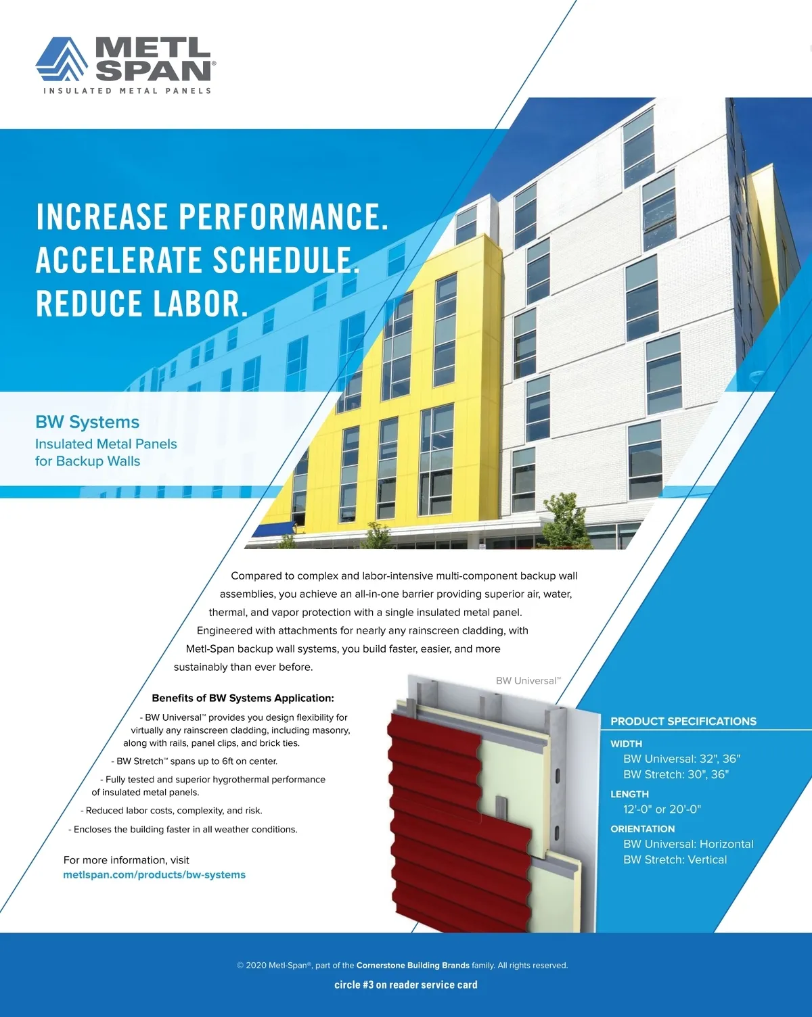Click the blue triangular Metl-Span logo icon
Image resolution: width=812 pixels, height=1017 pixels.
[62, 59]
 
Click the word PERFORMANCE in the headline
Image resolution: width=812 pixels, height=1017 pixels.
[284, 217]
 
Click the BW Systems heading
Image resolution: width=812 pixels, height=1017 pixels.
[87, 422]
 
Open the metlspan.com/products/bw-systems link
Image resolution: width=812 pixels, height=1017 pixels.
[154, 875]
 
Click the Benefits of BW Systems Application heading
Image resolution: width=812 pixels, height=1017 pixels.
[243, 698]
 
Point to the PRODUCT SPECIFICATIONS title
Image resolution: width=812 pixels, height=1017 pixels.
[683, 721]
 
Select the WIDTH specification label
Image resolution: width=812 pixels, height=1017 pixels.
[626, 744]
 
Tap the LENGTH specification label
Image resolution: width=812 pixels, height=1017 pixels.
[629, 795]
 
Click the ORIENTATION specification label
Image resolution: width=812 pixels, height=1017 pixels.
[642, 829]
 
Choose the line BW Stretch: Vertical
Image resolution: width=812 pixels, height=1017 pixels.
[675, 859]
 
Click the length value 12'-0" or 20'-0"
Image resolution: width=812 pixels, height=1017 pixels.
[662, 809]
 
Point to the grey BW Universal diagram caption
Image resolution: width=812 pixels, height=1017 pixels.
[528, 680]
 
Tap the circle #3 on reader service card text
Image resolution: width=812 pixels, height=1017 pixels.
[406, 985]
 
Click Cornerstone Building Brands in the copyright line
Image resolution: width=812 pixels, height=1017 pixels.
[413, 966]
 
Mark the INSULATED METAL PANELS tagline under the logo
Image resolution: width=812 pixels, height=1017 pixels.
[127, 91]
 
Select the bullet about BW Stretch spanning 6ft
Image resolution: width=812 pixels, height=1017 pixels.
[194, 761]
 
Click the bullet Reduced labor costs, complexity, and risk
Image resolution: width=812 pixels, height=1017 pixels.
[171, 811]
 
